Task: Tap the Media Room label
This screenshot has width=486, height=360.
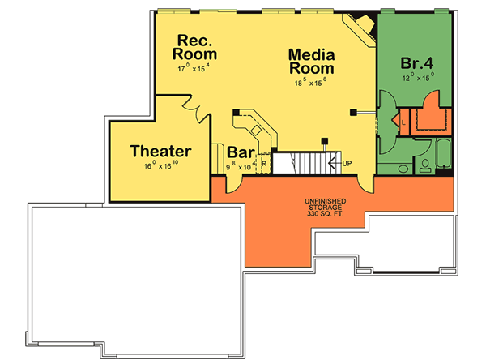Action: tap(312, 62)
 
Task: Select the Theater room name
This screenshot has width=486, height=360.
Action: tap(160, 151)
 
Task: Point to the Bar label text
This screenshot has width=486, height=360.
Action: tap(241, 152)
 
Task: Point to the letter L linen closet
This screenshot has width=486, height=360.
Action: tap(403, 122)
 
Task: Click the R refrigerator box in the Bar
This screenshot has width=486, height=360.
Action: tap(263, 164)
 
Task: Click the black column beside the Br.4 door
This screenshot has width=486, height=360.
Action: tap(353, 111)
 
